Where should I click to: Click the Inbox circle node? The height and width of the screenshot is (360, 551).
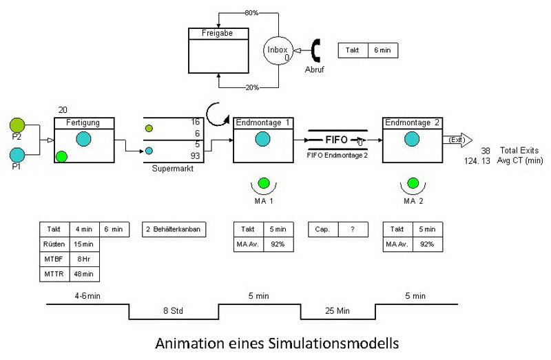click(x=278, y=50)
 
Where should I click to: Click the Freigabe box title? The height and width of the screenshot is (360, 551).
click(x=218, y=33)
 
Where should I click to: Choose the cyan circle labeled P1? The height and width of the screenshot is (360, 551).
click(x=18, y=154)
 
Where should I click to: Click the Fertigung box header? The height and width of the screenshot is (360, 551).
click(x=83, y=123)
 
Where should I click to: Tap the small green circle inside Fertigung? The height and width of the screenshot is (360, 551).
click(x=62, y=156)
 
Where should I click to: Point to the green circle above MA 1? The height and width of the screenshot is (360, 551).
click(x=262, y=184)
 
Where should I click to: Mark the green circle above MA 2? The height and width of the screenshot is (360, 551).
click(x=413, y=184)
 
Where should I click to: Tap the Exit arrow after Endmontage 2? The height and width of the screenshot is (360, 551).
click(x=457, y=140)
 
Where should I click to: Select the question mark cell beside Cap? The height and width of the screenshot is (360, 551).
click(x=353, y=229)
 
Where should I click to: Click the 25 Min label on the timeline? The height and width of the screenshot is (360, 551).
click(x=337, y=311)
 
